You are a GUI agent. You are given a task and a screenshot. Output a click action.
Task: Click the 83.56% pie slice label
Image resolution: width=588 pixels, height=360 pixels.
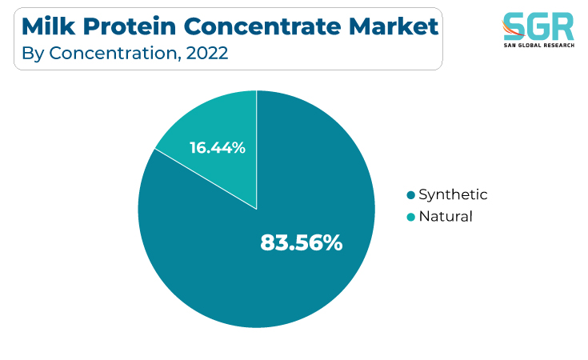[x=302, y=242]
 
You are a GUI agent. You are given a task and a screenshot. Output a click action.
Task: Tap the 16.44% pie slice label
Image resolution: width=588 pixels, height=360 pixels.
[x=218, y=147]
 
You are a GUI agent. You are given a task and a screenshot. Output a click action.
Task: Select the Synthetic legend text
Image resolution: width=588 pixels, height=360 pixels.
[x=453, y=195]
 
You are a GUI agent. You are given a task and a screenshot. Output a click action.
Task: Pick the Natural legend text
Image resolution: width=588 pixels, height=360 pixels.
[x=446, y=216]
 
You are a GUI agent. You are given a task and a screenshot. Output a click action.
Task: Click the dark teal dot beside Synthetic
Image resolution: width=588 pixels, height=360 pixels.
[x=411, y=195]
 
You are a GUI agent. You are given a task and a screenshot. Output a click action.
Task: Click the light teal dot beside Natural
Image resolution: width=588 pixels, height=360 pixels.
[x=411, y=217]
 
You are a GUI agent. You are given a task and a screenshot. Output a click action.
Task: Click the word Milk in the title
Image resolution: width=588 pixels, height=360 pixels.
[x=48, y=26]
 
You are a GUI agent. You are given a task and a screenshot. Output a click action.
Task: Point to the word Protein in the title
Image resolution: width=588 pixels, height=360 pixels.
[x=130, y=27]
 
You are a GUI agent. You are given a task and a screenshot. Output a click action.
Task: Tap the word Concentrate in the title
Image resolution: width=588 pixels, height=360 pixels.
[x=262, y=26]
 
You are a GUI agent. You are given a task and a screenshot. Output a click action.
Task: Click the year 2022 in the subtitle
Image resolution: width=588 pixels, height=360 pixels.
[x=207, y=53]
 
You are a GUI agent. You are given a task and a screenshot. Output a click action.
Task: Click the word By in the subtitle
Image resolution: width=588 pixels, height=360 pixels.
[x=33, y=54]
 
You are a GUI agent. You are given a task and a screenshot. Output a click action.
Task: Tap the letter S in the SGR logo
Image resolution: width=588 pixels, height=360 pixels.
[x=514, y=26]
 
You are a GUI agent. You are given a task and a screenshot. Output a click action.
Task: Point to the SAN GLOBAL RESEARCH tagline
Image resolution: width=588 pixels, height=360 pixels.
[x=539, y=46]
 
